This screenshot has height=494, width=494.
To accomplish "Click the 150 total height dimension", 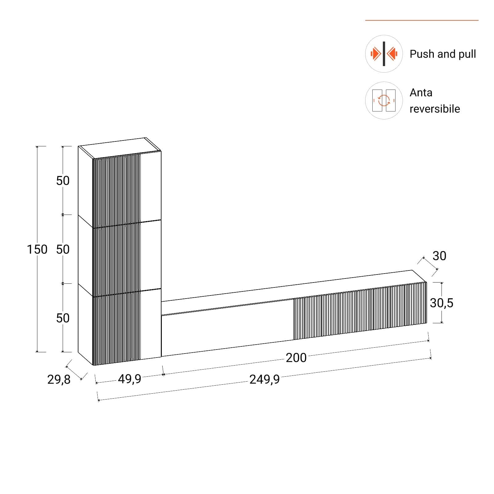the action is [x=37, y=249].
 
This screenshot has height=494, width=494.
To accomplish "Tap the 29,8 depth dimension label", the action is [x=59, y=379].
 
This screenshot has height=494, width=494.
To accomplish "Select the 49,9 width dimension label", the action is [x=129, y=379].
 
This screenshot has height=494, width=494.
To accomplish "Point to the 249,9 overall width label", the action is [x=264, y=379].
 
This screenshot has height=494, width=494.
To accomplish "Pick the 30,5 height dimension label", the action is [x=442, y=303].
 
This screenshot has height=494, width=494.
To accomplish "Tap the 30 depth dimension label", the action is [x=439, y=256].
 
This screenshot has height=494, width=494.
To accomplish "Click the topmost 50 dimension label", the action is [x=63, y=181].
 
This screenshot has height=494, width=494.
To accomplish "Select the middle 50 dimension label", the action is [x=63, y=249].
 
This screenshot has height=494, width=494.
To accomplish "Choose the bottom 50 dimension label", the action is [x=63, y=318].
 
